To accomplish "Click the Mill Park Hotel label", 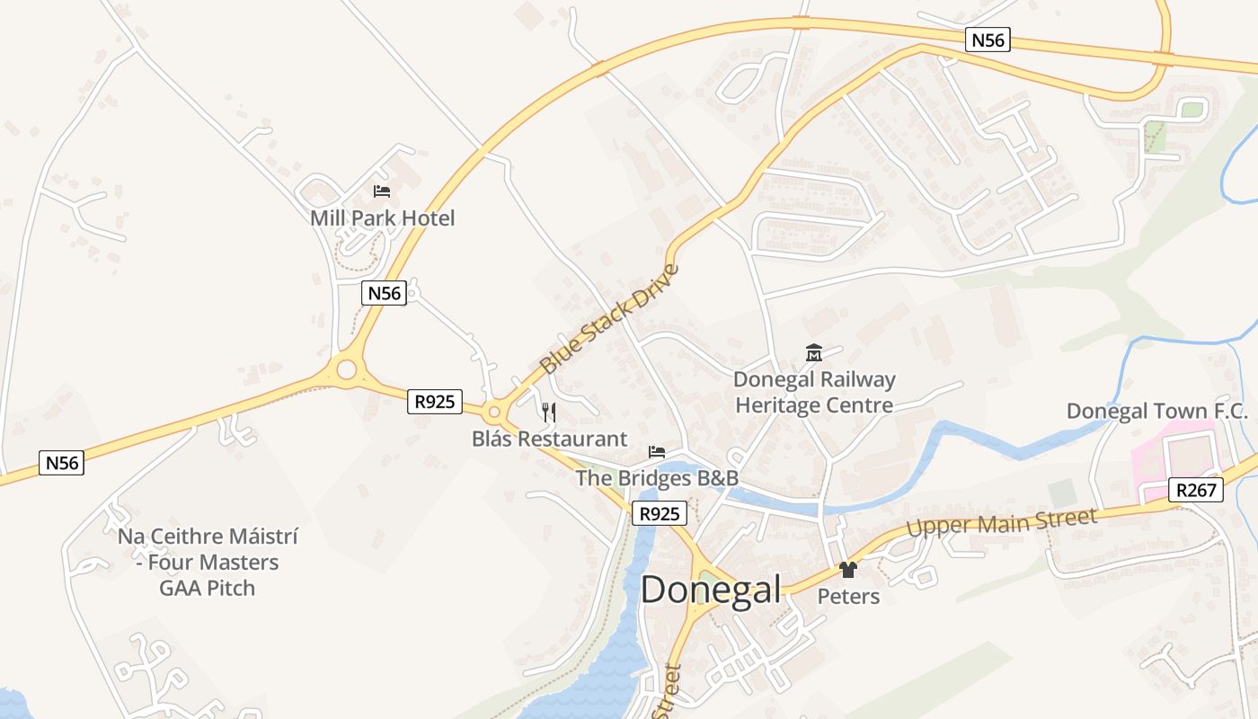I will point(382,218).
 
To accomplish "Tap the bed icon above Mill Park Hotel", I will point(382,191).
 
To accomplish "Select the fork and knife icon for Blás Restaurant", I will point(549,413).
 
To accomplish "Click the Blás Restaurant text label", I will point(549,439).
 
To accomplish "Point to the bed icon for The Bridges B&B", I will point(658,451).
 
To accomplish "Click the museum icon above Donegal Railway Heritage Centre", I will point(814,353).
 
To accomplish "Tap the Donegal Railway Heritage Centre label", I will point(814,393).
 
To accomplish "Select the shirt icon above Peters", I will point(847,569).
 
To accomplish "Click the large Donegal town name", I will point(710,590).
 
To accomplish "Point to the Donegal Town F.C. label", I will point(1157,412).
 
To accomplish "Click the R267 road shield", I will point(1196,490).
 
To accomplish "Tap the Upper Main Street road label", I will point(1002,523).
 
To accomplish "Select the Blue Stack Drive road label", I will point(608,319).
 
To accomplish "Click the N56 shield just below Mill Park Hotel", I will point(385,293).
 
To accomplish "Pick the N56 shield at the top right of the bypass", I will point(988,40).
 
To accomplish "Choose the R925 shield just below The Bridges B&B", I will point(660,514).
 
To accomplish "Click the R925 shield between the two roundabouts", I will point(435,402).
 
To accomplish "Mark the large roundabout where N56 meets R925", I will point(345,368).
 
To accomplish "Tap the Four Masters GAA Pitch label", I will point(208,563).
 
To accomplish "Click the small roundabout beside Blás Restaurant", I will point(493,413).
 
